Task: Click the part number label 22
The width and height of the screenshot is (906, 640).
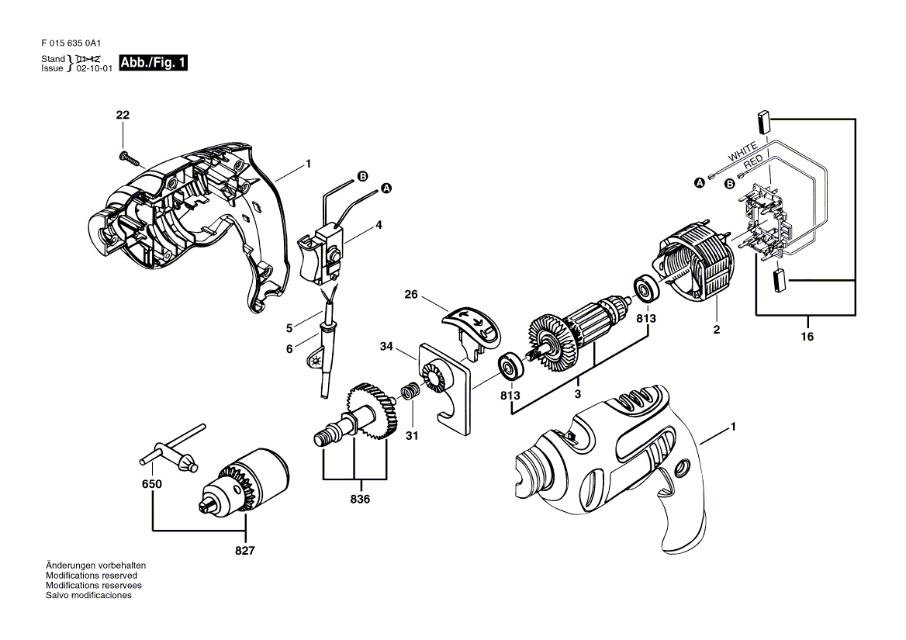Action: [123, 115]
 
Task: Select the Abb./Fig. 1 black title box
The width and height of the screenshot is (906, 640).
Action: [153, 62]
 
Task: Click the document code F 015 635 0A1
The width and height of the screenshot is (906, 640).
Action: [71, 43]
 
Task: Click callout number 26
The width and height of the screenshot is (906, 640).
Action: [411, 295]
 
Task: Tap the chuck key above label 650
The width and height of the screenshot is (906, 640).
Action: [171, 448]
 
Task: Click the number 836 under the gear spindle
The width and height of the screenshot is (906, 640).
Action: [360, 499]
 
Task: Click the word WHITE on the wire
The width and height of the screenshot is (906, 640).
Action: [742, 152]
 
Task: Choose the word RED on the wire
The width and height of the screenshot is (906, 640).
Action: [753, 161]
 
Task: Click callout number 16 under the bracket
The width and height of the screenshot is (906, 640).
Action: [807, 336]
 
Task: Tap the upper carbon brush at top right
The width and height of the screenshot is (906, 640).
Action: [762, 123]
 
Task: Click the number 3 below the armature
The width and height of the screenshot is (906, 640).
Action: [577, 393]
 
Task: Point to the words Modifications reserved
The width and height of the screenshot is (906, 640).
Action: [92, 576]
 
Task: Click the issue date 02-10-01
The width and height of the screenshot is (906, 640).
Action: [94, 68]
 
